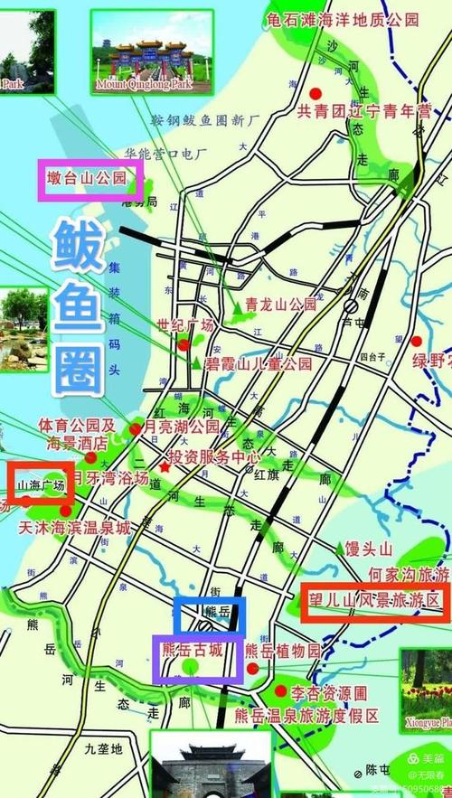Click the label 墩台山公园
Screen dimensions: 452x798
[87, 179]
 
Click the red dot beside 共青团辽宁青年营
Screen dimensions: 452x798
[315, 93]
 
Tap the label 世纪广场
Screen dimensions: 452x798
[185, 325]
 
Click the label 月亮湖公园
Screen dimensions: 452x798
[182, 425]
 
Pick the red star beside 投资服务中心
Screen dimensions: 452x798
[165, 466]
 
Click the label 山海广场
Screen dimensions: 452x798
[42, 486]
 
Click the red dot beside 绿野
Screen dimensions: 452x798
[416, 341]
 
